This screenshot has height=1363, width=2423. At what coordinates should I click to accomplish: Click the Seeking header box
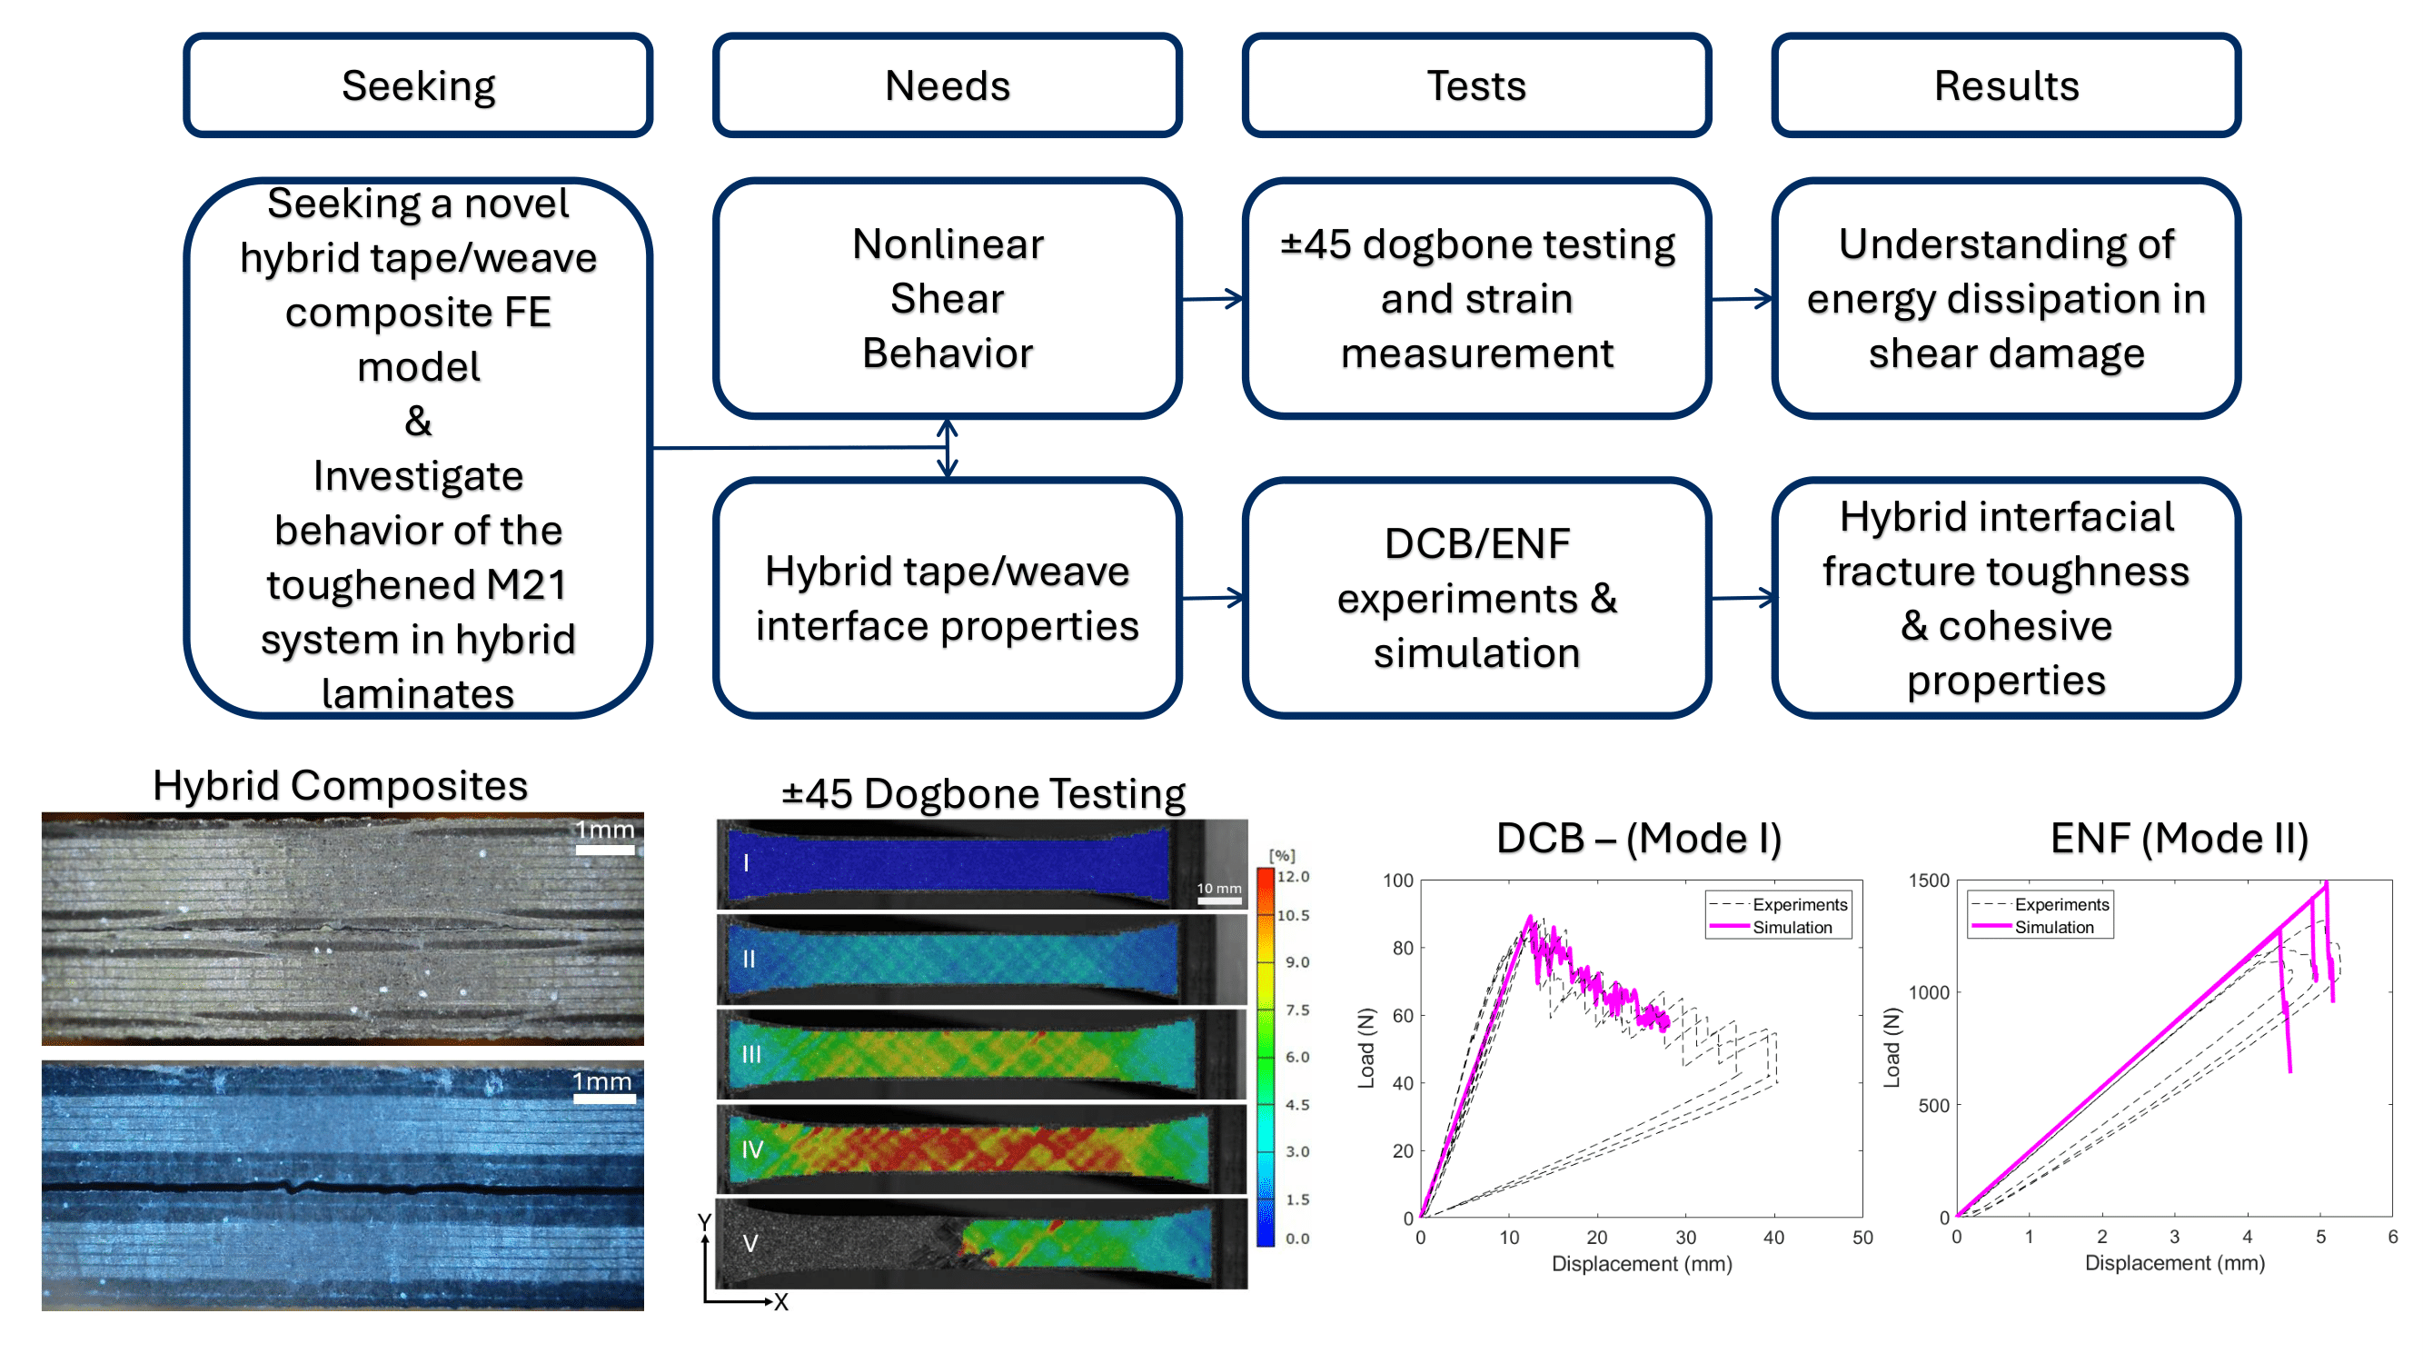pos(418,85)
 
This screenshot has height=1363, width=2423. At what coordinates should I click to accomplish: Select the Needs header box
pos(948,85)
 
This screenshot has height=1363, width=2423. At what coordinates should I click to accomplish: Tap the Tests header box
pos(1475,85)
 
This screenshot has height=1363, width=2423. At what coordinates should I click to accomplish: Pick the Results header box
pos(2005,85)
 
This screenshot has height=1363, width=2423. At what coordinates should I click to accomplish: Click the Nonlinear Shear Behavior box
pos(948,298)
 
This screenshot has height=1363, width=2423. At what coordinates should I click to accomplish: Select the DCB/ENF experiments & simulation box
pos(1475,597)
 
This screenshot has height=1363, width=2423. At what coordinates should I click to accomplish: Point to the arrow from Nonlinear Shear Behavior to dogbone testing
pos(1213,299)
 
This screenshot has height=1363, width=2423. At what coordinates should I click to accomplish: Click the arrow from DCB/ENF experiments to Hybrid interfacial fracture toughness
pos(1742,597)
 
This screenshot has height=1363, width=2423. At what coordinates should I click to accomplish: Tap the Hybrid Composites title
pos(341,785)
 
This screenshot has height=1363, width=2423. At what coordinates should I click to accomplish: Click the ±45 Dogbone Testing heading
pos(983,794)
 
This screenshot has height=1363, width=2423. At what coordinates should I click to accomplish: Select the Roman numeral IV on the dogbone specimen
pos(752,1149)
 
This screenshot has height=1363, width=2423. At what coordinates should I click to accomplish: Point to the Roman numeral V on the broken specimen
pos(750,1244)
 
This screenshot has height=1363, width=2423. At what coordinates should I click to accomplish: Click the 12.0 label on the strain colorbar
pos(1294,877)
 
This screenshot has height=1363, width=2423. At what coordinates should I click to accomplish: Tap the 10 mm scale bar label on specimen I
pos(1219,888)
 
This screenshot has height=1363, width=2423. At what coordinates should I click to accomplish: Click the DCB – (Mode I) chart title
pos(1639,838)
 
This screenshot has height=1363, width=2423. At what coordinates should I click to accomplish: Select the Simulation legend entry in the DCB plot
pos(1792,928)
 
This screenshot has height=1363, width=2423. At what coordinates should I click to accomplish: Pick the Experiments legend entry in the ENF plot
pos(2061,904)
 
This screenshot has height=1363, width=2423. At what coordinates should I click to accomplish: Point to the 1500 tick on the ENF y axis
pos(1928,880)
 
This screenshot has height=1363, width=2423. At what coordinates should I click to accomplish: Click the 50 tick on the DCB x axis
pos(1862,1238)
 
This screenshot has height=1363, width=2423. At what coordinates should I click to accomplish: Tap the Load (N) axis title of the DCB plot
pos(1365,1049)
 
